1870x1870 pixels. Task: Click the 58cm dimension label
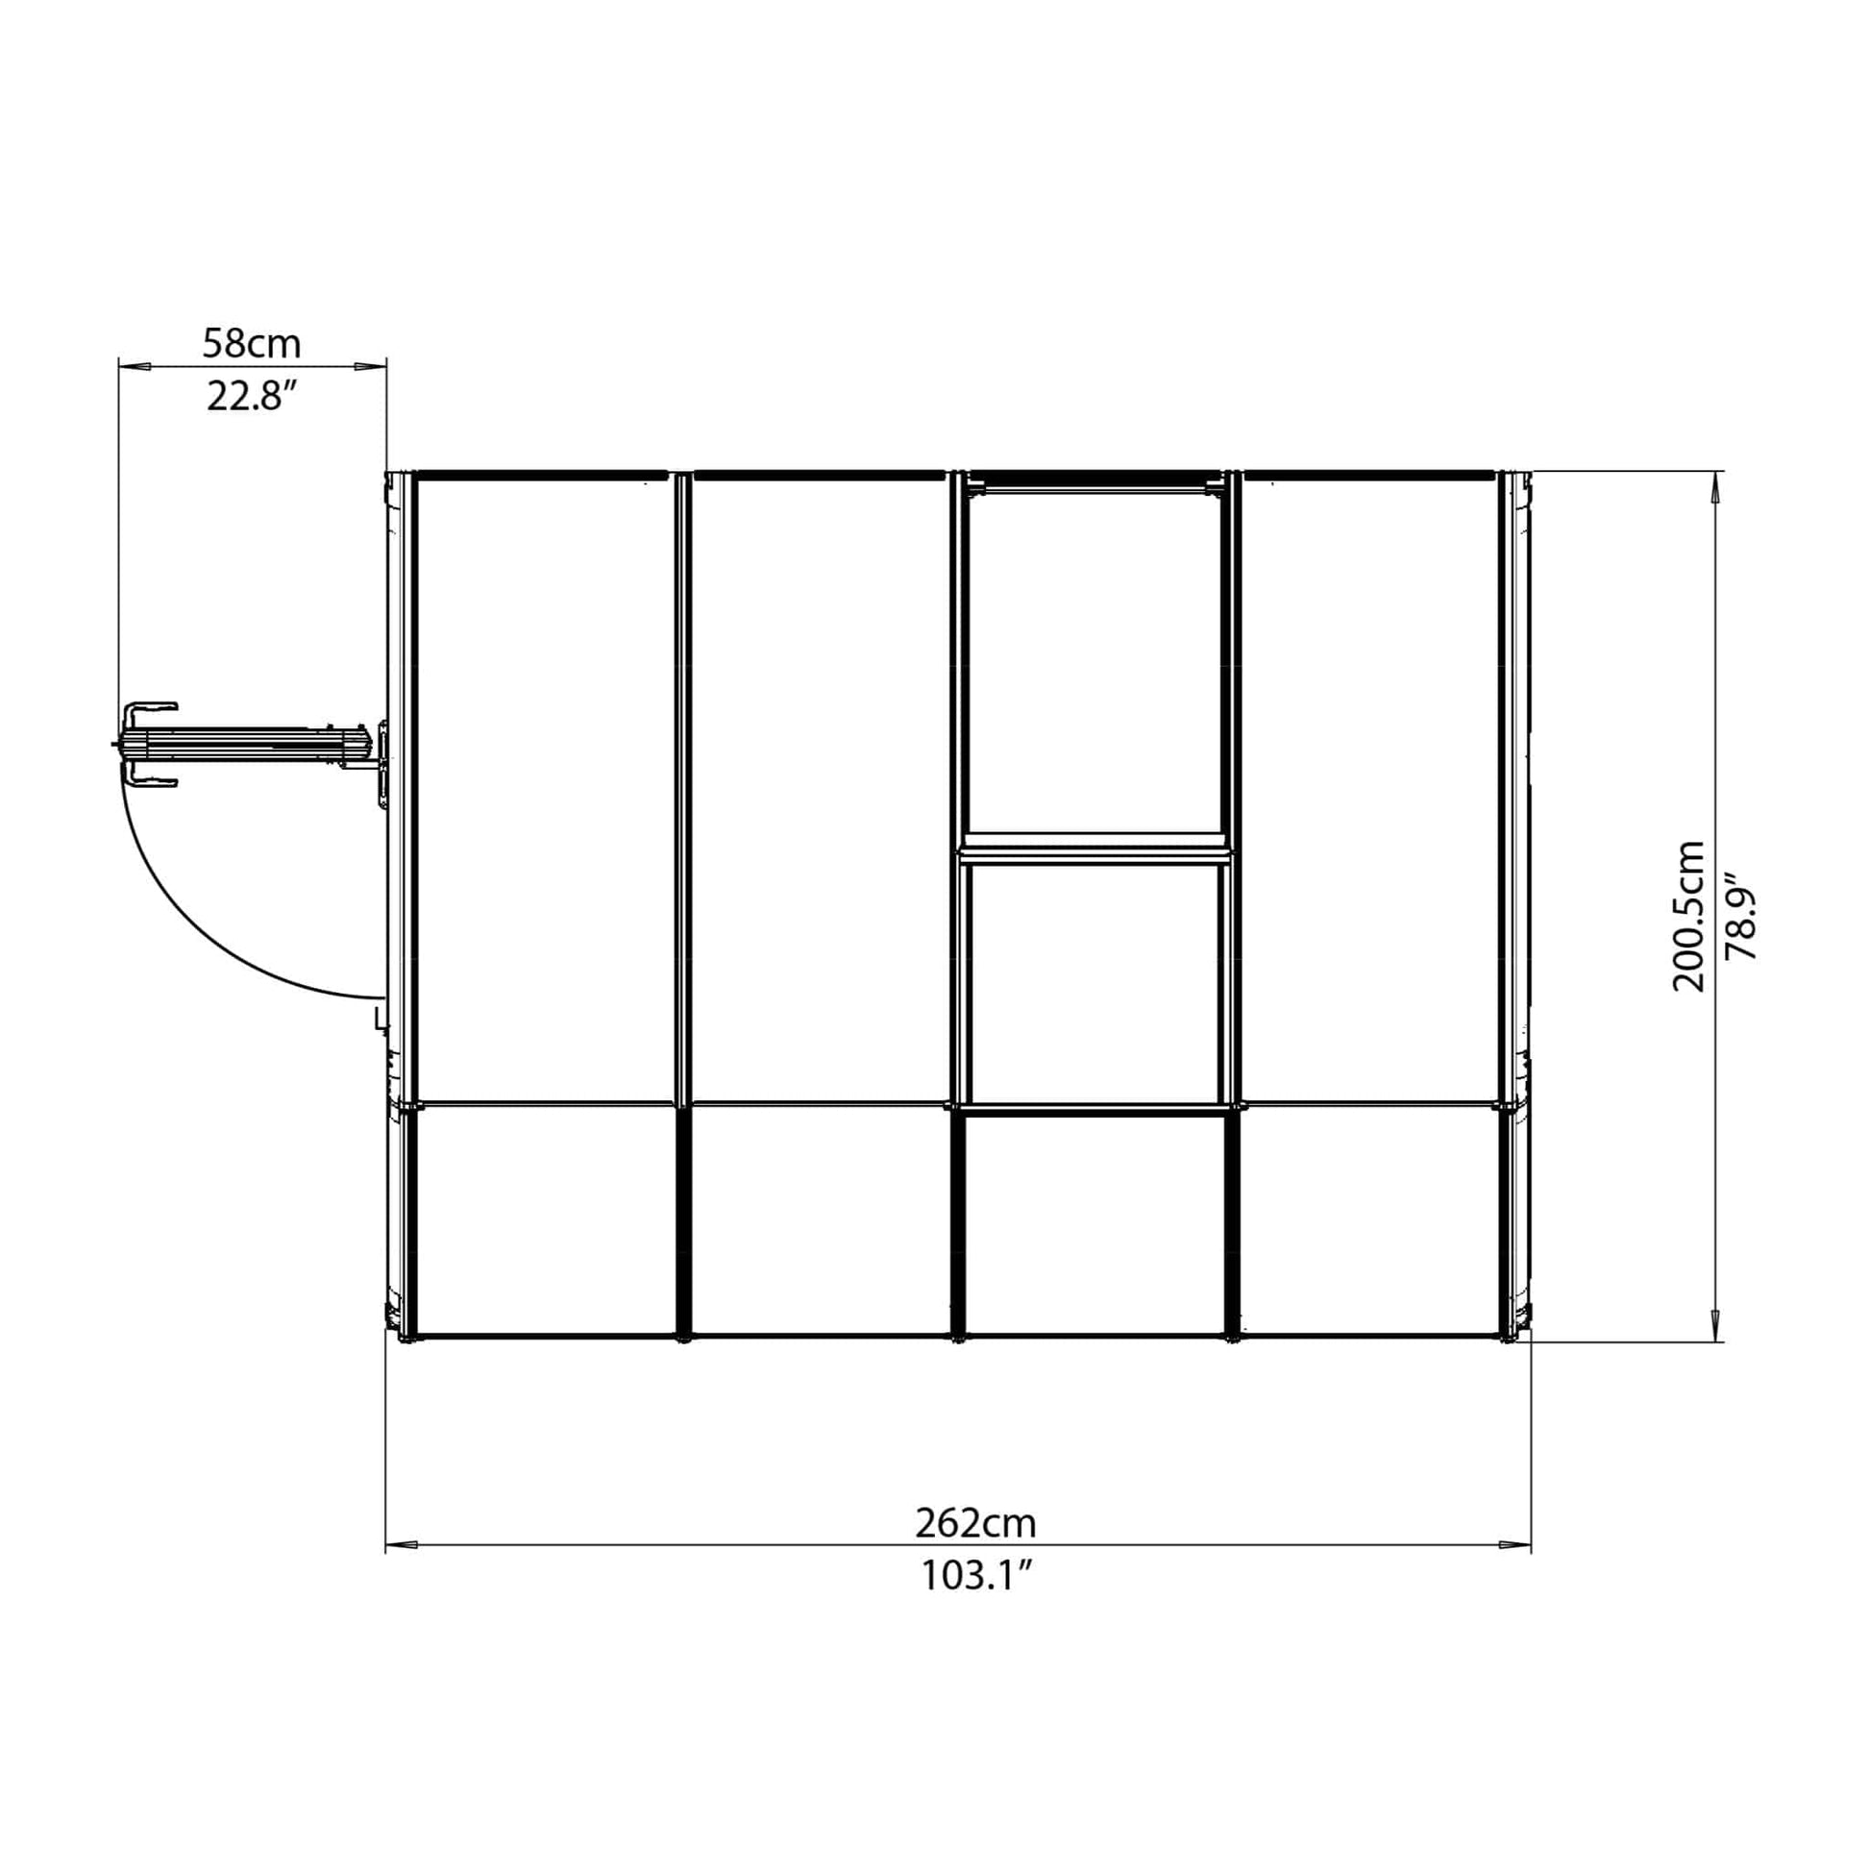(252, 343)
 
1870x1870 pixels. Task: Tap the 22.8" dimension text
(250, 397)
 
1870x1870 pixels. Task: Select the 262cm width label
(975, 1523)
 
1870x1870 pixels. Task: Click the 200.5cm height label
(1689, 916)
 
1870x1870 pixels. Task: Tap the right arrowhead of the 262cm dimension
(1514, 1543)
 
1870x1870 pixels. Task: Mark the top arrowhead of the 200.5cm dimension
(1716, 486)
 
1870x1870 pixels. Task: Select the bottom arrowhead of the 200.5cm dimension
(1716, 1326)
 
